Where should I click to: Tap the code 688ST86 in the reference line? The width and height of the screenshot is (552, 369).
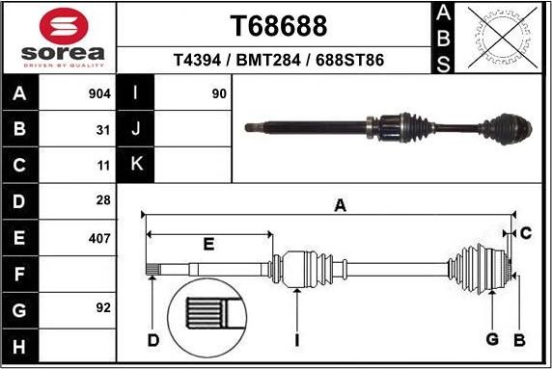coord(350,60)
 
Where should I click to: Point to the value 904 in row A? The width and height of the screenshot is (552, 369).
coord(99,94)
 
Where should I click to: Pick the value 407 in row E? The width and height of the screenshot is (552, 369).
coord(99,237)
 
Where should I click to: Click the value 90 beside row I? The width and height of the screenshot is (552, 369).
coord(218,94)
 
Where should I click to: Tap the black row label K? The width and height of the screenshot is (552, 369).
coord(136,165)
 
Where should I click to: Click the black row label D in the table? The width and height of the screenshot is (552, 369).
coord(20,201)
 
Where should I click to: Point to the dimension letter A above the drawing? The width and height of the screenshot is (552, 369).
coord(340,204)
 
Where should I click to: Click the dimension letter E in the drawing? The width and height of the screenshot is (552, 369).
coord(207,245)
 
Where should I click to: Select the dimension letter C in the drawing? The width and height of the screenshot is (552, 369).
coord(526,233)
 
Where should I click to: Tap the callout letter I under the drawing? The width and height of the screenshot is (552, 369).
coord(297,339)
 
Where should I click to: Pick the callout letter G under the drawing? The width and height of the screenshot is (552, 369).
coord(491,338)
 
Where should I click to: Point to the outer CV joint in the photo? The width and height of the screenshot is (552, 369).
coord(506,127)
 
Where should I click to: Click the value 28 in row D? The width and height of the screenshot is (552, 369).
coord(103,201)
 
